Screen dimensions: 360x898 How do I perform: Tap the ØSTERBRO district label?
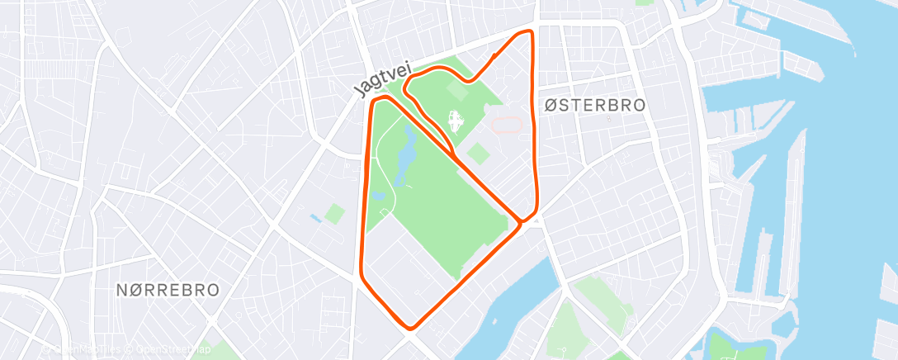(x=594, y=105)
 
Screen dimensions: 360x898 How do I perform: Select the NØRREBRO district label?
(x=168, y=290)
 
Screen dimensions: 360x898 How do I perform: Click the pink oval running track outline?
(x=506, y=125)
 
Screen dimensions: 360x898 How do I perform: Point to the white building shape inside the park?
(x=453, y=123)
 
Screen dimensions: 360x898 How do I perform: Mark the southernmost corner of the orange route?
(x=411, y=327)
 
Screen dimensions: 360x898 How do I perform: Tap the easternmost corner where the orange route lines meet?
(x=522, y=220)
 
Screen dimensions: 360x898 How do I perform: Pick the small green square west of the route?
(x=334, y=214)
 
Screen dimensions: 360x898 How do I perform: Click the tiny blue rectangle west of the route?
(x=316, y=219)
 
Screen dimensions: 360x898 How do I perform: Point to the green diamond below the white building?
(x=477, y=154)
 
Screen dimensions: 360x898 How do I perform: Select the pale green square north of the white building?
(x=456, y=84)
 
